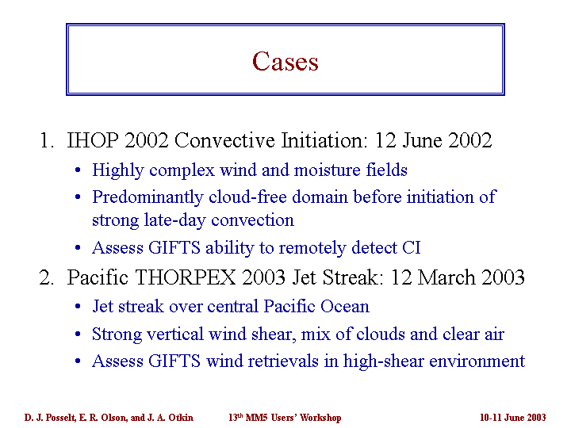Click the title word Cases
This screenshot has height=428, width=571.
285,61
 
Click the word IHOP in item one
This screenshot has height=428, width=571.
93,140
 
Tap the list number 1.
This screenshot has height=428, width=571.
46,140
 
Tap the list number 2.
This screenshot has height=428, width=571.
46,277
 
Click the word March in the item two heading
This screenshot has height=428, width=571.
446,277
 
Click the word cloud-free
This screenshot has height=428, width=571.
247,197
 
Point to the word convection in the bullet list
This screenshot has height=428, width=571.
252,220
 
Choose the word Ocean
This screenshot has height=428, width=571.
344,306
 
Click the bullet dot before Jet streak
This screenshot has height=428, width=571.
78,307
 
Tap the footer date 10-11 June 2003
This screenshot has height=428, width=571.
513,418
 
